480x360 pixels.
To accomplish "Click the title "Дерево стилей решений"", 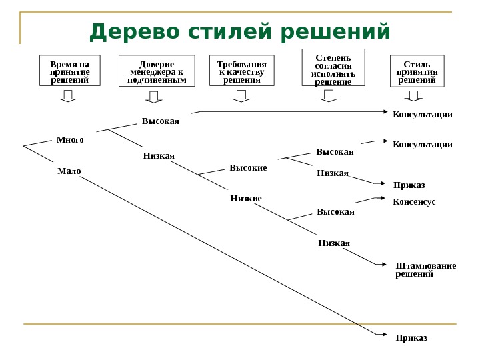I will coord(239,31).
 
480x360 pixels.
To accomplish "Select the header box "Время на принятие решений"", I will coord(69,71).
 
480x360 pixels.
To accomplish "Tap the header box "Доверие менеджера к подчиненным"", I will coord(157,71).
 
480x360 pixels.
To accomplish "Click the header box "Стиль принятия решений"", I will coord(416,71).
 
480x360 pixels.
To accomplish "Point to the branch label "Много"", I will coord(70,140).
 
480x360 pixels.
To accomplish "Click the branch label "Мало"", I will coord(69,171).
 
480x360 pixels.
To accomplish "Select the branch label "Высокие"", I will coord(248,168).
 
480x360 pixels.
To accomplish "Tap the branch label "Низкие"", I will coord(246,199).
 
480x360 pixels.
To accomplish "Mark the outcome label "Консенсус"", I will coord(414,201).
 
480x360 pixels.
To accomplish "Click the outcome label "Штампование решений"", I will coord(425,269).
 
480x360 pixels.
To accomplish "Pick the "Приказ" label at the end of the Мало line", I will coord(411,337).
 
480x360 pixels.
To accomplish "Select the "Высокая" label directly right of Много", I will coord(161,121).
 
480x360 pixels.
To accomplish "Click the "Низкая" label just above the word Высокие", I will coord(159,156).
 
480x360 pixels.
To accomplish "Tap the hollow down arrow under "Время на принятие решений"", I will coord(68,97).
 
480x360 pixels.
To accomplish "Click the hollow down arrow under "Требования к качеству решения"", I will coord(241,97).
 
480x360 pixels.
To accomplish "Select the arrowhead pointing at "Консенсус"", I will coord(383,197).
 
